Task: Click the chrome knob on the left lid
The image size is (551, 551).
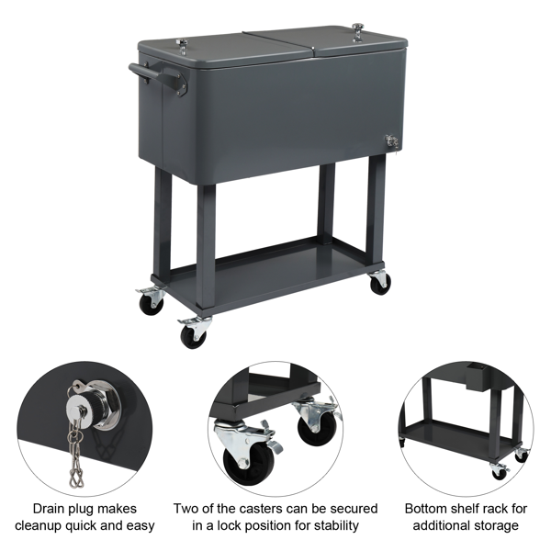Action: pos(182,46)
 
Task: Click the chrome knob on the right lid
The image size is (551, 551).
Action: pos(357,32)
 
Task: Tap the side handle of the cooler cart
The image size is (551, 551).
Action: pos(157,77)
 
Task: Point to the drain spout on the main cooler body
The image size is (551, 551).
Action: pos(392,141)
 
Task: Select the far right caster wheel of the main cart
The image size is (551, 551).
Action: pos(380,283)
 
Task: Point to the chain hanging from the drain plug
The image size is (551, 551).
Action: pos(74,456)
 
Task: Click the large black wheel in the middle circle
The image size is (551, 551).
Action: pos(249,462)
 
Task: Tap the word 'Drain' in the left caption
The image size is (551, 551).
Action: pos(50,509)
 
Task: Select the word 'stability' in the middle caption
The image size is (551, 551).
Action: pos(336,525)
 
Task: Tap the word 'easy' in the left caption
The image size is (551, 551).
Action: pos(141,526)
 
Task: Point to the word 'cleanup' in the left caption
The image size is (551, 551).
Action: pos(38,526)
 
